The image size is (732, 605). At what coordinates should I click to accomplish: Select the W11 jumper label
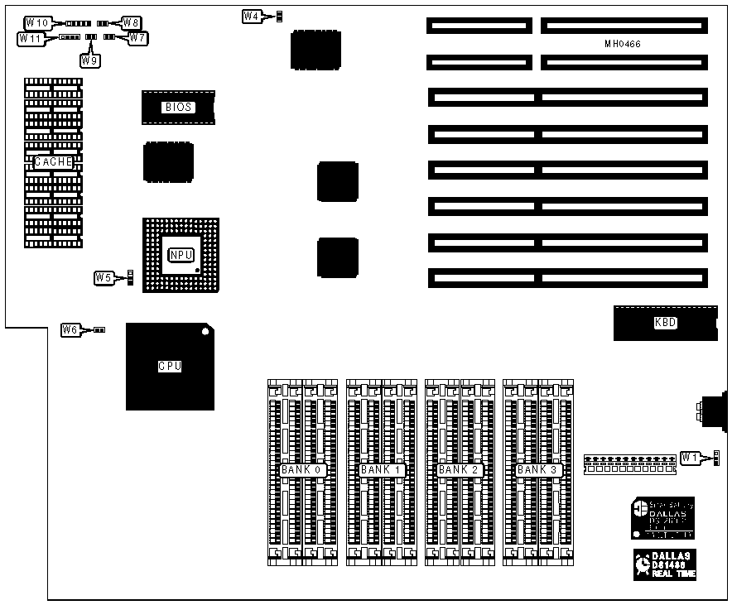tap(31, 38)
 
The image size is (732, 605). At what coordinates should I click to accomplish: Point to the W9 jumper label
tap(89, 59)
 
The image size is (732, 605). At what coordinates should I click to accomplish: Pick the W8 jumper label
tap(132, 22)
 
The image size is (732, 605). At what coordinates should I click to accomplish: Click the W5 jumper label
tap(104, 277)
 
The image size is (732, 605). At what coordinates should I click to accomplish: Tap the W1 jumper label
tap(690, 456)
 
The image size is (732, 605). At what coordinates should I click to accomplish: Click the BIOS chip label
tap(178, 107)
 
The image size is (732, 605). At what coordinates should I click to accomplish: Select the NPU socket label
tap(180, 255)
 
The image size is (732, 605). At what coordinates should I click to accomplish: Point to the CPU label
tap(170, 366)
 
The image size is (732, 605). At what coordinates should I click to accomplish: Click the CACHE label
tap(54, 162)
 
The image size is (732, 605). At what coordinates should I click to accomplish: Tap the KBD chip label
tap(665, 323)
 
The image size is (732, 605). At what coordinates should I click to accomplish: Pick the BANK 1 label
tap(380, 470)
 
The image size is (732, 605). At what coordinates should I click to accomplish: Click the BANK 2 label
tap(459, 470)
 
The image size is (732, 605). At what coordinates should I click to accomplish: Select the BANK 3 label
tap(537, 470)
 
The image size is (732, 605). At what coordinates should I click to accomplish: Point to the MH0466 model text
tap(623, 43)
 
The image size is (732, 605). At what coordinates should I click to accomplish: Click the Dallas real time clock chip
tap(664, 563)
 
